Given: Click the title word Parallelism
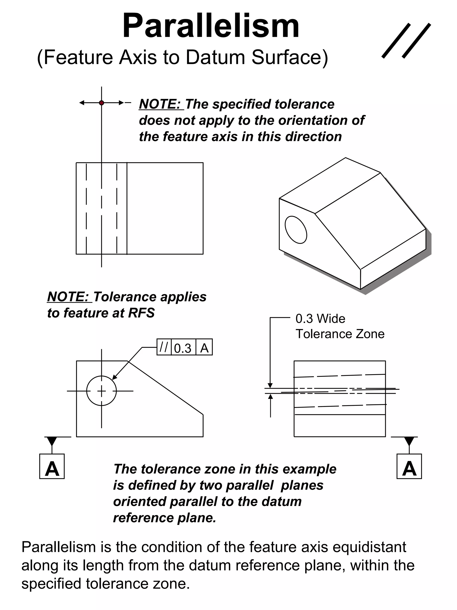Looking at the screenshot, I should tap(211, 26).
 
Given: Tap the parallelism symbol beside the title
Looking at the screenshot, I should tap(406, 41).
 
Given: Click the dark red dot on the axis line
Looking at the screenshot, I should tap(101, 103).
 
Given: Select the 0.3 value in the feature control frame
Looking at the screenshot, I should tap(183, 348).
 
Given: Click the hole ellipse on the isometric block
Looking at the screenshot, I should tap(296, 230).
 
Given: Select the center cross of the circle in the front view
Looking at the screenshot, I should tap(101, 391).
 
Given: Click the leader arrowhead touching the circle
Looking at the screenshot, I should tap(114, 377).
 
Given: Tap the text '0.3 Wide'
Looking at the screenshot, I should tap(320, 319).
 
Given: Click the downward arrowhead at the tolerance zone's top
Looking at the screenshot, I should tap(270, 385).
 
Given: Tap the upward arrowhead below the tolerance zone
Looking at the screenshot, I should tap(270, 396).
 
